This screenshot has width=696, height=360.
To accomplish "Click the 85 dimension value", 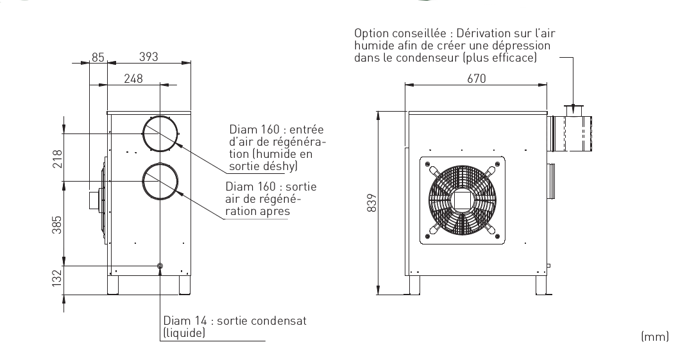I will tap(98, 57).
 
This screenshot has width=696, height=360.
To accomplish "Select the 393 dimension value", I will tap(149, 57).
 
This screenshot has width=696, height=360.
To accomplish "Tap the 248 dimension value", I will tap(133, 78).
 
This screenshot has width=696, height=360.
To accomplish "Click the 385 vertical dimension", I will tap(56, 223).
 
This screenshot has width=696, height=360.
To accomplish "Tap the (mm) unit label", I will tap(655, 336).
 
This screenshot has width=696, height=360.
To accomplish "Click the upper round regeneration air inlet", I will tap(160, 133).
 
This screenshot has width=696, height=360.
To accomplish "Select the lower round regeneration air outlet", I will tap(160, 181).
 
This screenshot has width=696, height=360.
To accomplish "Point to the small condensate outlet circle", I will tap(160, 266).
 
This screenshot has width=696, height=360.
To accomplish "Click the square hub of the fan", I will tap(460, 200).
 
